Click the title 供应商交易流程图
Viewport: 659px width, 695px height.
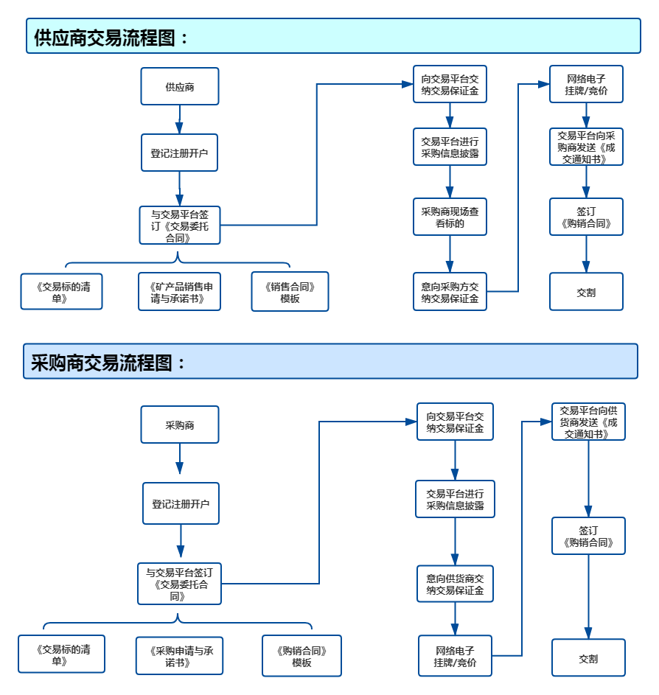click(111, 37)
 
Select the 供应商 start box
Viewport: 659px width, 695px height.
click(180, 86)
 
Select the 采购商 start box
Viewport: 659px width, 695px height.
click(180, 425)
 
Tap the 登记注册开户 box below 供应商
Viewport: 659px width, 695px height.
click(179, 153)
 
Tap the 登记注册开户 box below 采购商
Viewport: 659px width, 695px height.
click(181, 503)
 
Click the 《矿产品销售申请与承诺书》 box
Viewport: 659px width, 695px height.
click(180, 291)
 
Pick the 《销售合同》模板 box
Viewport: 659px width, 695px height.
click(290, 291)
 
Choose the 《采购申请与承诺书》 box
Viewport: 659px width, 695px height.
click(179, 655)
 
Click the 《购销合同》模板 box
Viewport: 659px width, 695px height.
click(301, 655)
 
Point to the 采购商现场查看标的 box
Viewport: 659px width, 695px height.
click(450, 217)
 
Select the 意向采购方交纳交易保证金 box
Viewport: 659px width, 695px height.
click(450, 291)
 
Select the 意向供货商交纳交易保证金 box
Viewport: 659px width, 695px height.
click(455, 583)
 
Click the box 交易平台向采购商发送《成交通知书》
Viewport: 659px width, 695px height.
click(586, 147)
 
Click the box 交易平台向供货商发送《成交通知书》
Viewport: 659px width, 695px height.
click(588, 422)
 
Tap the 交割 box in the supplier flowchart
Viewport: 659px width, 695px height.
click(586, 291)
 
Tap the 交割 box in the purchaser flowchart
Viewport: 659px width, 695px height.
click(588, 657)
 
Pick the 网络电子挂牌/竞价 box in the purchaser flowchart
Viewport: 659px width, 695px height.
click(455, 655)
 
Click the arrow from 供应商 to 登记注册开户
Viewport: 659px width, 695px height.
click(179, 119)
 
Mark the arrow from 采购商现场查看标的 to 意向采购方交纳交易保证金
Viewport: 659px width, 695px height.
click(450, 254)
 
